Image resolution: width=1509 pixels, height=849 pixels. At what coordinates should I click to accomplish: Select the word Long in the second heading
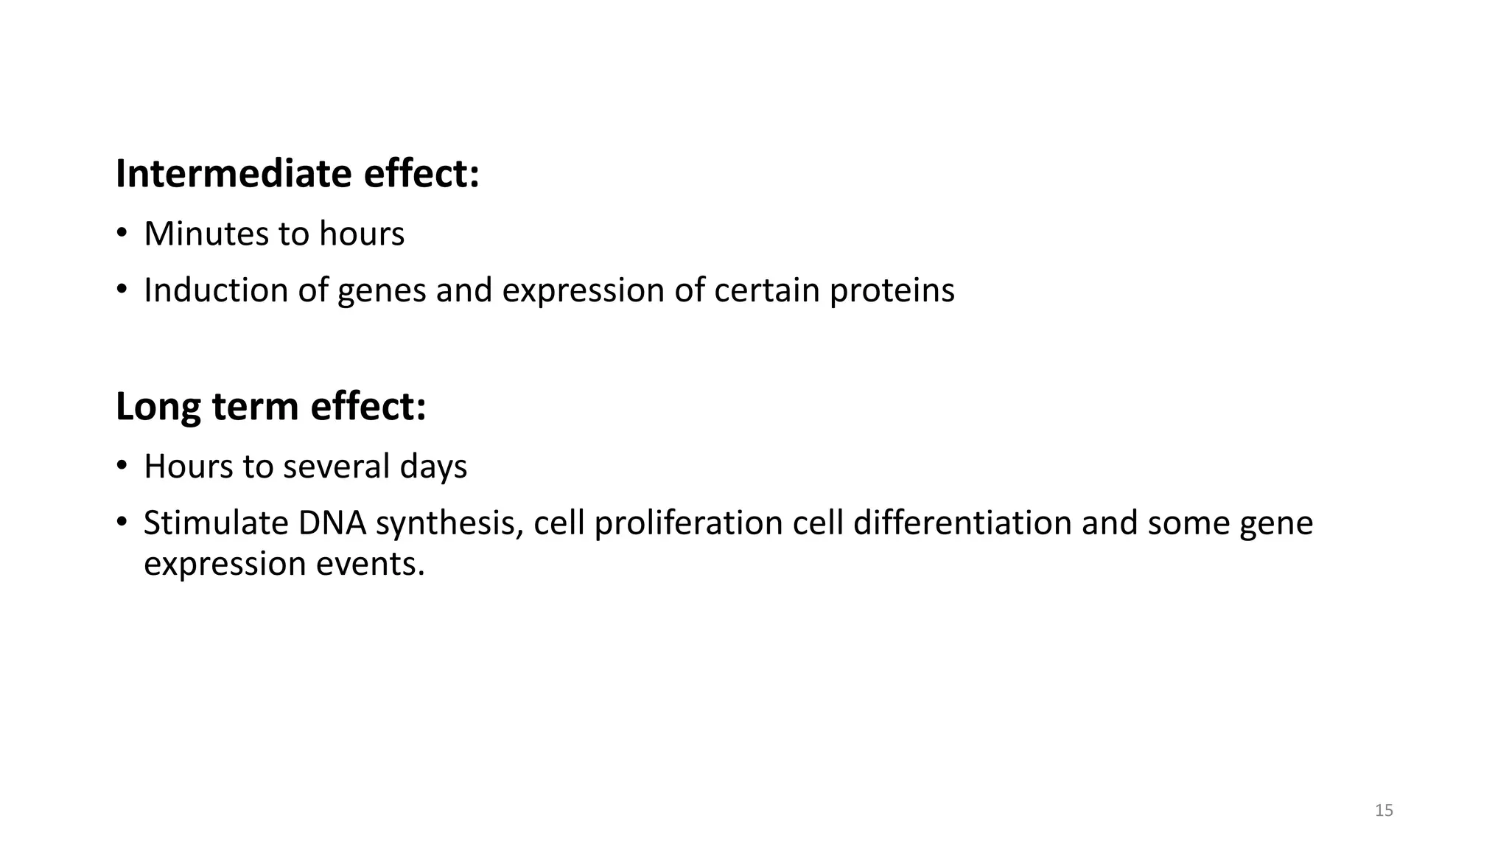(x=157, y=407)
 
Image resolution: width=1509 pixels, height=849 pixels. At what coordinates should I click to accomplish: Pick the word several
(x=336, y=467)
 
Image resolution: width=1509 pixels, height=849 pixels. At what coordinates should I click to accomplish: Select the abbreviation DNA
(x=332, y=523)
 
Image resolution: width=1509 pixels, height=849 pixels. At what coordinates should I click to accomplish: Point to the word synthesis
(x=449, y=524)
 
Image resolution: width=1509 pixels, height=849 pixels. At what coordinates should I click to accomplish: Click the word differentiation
(x=962, y=523)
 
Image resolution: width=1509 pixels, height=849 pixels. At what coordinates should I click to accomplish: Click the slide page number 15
(x=1384, y=811)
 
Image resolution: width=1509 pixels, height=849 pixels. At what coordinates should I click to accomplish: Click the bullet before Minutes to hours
(x=122, y=234)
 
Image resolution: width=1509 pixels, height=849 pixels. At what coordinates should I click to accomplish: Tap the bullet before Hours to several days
(x=122, y=467)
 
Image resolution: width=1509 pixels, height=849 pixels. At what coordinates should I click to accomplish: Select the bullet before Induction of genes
(x=122, y=290)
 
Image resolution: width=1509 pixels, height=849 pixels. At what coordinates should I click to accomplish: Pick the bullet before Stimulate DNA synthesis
(x=122, y=523)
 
